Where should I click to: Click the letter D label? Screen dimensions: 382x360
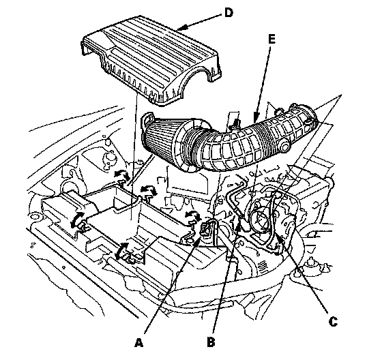[x=229, y=12]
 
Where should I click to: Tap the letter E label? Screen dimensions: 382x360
[x=271, y=39]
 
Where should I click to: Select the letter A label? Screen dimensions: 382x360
[x=138, y=343]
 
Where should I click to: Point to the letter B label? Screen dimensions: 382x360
[x=211, y=342]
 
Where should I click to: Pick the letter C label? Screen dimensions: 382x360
[x=333, y=322]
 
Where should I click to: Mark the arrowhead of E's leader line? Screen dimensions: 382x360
[x=255, y=117]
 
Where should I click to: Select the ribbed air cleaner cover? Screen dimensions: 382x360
[x=151, y=61]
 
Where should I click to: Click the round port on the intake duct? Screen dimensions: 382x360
[x=284, y=147]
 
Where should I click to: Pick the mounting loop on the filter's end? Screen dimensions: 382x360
[x=147, y=119]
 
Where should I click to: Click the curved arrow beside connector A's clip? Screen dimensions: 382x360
[x=192, y=215]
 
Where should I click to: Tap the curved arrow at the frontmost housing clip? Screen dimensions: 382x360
[x=121, y=251]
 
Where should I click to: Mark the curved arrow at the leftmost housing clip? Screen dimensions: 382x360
[x=76, y=220]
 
